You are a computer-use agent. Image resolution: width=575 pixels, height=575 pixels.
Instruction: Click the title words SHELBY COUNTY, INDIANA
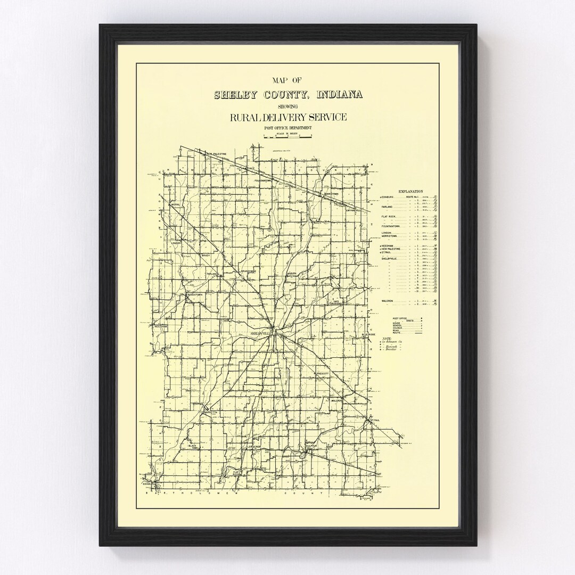pos(288,95)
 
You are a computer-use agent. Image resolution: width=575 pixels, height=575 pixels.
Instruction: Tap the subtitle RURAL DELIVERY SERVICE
pos(288,118)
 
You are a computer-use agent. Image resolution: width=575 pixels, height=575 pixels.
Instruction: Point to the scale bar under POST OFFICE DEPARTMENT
pos(288,136)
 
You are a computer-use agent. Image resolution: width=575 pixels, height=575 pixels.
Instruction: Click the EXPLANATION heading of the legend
pos(410,191)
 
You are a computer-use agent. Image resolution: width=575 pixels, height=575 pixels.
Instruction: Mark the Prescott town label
pos(324,374)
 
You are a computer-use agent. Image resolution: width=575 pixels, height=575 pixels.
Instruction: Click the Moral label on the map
pos(176,205)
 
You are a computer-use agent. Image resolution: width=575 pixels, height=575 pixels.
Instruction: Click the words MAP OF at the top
pos(288,81)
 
